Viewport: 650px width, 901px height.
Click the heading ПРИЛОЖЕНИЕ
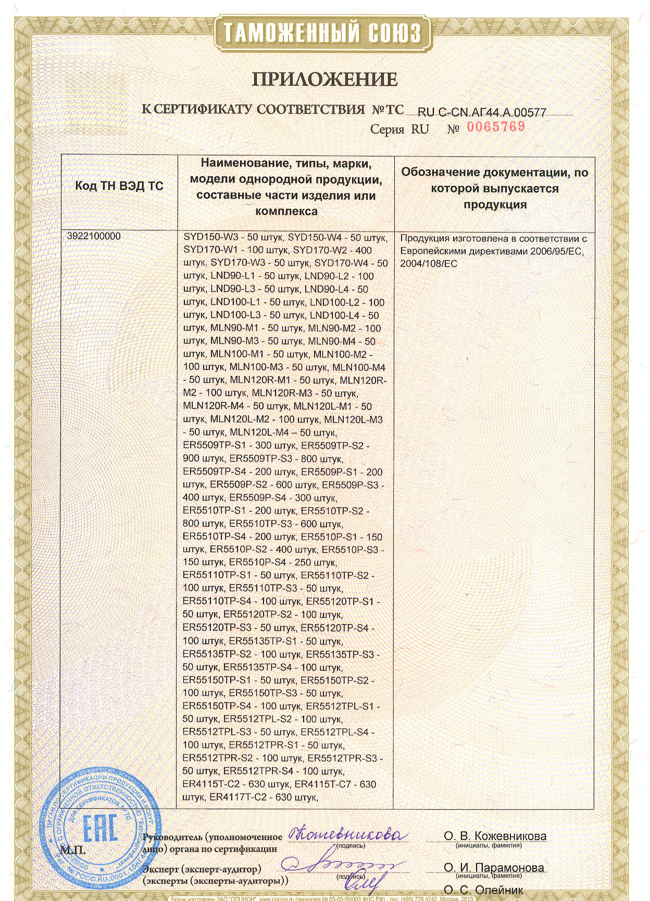tap(324, 80)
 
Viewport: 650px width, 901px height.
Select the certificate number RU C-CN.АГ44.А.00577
tap(482, 112)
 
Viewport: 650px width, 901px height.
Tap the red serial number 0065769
tap(496, 127)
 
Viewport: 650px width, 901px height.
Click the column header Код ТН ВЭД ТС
tap(119, 186)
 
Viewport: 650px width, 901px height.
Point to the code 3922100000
tap(94, 236)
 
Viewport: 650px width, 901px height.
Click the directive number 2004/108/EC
tap(428, 264)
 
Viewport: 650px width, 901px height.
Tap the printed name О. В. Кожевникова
tap(495, 836)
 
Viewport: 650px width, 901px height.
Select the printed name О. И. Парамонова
tap(494, 868)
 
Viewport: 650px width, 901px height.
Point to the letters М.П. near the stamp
tap(72, 850)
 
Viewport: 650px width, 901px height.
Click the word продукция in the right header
tap(495, 204)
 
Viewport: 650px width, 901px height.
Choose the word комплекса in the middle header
tap(286, 211)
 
